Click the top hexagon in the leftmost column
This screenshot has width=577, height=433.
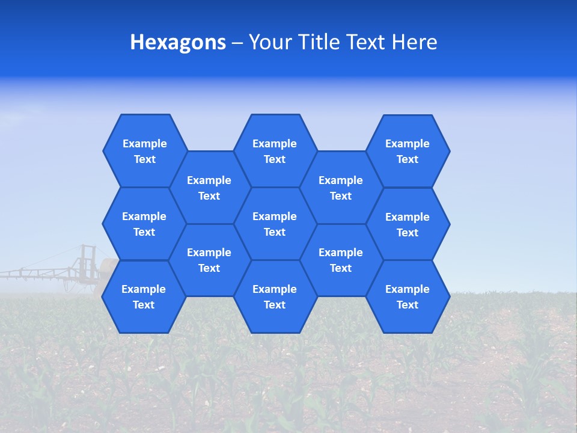tap(144, 151)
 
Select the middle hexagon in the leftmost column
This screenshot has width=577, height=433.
tap(144, 224)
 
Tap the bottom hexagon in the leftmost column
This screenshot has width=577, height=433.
tap(144, 296)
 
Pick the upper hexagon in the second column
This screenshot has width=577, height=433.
tap(209, 188)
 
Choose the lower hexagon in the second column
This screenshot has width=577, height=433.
tap(209, 260)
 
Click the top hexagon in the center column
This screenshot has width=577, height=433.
tap(275, 151)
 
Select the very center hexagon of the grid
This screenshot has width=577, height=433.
tap(275, 224)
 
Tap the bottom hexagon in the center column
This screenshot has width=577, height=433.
tap(275, 296)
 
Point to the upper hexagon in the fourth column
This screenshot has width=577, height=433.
tap(341, 188)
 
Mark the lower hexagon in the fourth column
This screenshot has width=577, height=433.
tap(341, 260)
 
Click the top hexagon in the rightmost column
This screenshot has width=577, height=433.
tap(408, 151)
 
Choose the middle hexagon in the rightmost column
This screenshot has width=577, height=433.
tap(408, 224)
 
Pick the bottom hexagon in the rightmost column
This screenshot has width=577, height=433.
tap(408, 296)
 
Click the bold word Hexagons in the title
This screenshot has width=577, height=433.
tap(178, 43)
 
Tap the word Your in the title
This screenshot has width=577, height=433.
tap(269, 43)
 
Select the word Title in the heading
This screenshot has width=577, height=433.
tap(316, 43)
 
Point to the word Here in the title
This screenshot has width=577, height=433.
tap(415, 43)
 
